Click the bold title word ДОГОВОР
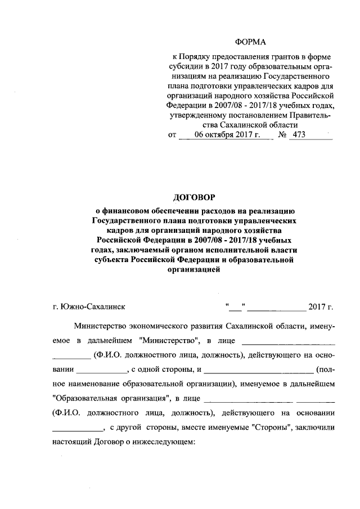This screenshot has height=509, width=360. (x=193, y=197)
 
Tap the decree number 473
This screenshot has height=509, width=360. (x=300, y=136)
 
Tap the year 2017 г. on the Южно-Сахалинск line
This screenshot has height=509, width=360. (x=321, y=307)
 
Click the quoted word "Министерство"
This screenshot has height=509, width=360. (x=169, y=340)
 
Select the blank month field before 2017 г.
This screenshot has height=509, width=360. (x=276, y=307)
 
